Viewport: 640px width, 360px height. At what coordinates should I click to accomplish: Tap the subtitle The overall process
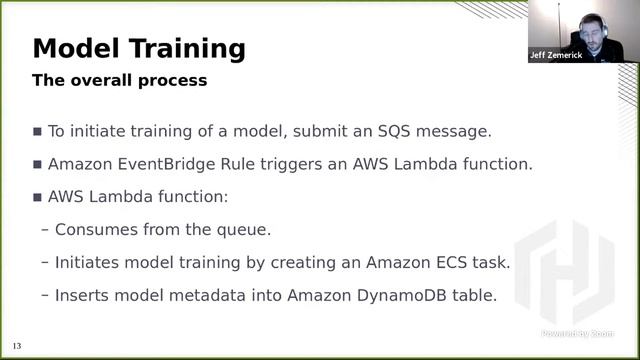pyautogui.click(x=120, y=80)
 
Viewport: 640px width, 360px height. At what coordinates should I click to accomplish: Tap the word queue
pyautogui.click(x=243, y=229)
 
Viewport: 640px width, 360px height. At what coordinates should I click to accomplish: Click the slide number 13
pyautogui.click(x=17, y=346)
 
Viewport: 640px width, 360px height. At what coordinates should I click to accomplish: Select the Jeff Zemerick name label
pyautogui.click(x=555, y=56)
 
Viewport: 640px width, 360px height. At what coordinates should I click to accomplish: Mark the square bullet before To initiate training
pyautogui.click(x=38, y=131)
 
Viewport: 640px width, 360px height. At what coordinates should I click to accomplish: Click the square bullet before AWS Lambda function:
pyautogui.click(x=38, y=197)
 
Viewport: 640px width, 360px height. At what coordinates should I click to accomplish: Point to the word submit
pyautogui.click(x=308, y=131)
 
